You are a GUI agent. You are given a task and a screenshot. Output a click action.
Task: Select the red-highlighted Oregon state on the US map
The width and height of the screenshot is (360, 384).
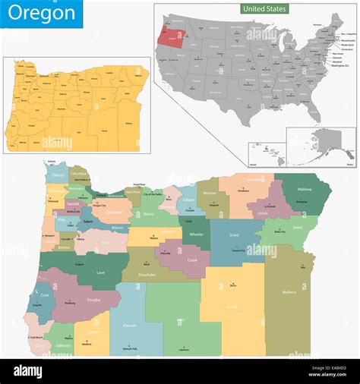169,36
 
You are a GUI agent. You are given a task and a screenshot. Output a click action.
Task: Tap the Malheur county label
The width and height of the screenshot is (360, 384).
289,291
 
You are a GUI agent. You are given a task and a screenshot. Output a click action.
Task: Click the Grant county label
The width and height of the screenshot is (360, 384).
235,236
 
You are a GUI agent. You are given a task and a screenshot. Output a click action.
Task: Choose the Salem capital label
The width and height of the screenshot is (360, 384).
87,222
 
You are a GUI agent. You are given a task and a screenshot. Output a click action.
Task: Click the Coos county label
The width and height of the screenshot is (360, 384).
45,296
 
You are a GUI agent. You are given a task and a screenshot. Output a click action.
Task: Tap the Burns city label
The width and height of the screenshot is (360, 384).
232,285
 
